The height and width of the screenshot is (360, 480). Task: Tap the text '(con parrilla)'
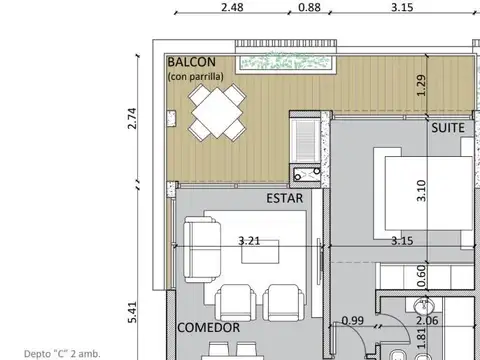[197, 76]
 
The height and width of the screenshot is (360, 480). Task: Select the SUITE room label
[449, 129]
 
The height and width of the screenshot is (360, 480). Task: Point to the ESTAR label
[285, 198]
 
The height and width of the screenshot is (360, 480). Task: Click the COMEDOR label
[208, 328]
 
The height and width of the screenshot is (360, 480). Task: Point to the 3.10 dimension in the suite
[421, 188]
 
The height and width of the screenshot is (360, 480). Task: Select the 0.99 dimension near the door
[352, 321]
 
